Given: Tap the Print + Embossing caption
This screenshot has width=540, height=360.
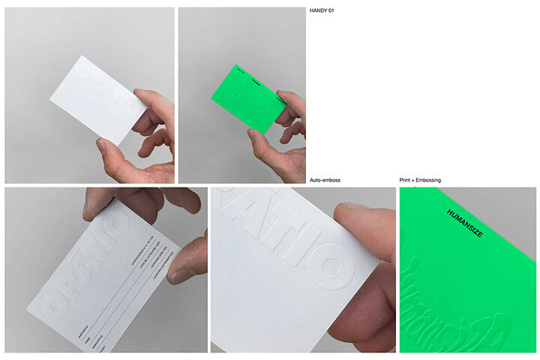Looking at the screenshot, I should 420,181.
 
